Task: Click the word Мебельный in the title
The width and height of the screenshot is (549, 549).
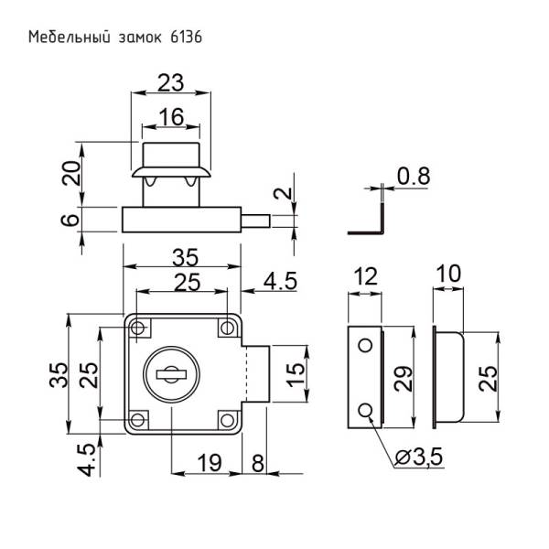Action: tap(65, 38)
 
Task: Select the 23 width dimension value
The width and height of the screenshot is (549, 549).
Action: tap(170, 83)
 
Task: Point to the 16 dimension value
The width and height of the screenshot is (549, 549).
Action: tap(170, 116)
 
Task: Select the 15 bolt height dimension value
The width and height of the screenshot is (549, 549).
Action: tap(295, 374)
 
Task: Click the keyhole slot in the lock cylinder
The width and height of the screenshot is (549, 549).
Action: tap(172, 373)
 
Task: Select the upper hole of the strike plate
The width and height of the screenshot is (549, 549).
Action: tap(365, 344)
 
